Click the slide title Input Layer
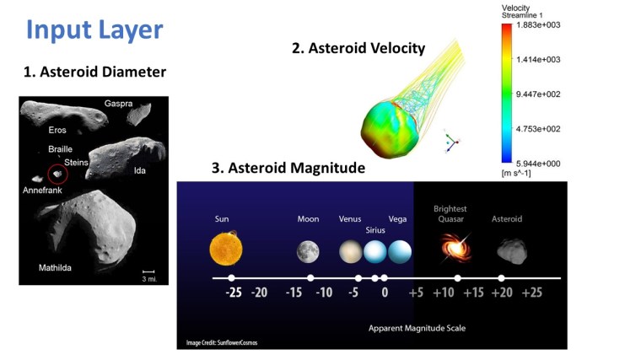click(94, 30)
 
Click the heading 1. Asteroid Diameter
click(94, 73)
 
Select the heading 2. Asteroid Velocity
click(358, 48)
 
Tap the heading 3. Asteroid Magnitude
click(288, 169)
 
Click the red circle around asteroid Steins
click(57, 175)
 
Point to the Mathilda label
click(55, 269)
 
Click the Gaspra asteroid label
click(118, 104)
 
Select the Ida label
click(140, 171)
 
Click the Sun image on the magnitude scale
click(224, 249)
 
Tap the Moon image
click(308, 251)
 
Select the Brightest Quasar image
click(455, 249)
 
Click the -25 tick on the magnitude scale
click(232, 293)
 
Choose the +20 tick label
click(502, 293)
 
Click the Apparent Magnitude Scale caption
click(417, 327)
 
